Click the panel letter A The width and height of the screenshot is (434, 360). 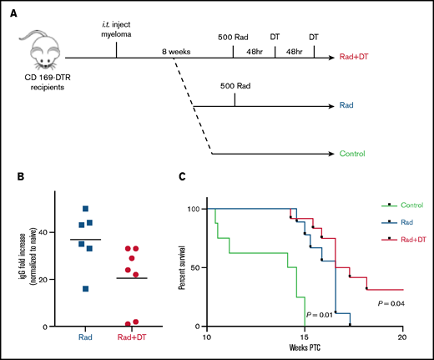click(x=10, y=11)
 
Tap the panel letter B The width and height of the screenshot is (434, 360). click(x=10, y=178)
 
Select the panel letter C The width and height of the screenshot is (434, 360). click(x=181, y=178)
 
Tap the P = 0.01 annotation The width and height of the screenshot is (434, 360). click(x=320, y=315)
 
